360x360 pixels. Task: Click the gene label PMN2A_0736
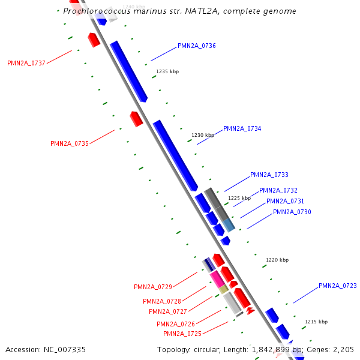tap(197, 46)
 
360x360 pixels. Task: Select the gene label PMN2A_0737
tap(26, 63)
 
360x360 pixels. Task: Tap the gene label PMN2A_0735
tap(70, 143)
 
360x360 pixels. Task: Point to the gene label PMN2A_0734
tap(242, 128)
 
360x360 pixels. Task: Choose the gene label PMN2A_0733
tap(269, 175)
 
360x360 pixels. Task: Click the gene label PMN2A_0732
tap(278, 191)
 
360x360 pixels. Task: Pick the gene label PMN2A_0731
tap(285, 202)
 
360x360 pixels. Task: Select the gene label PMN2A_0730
tap(292, 212)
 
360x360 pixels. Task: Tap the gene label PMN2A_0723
tap(338, 286)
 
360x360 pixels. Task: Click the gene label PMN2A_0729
tap(153, 287)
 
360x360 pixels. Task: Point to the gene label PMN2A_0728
tap(162, 301)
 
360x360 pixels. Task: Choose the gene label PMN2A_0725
tap(182, 334)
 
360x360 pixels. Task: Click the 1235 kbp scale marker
tap(167, 71)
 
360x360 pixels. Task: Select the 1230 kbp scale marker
tap(203, 136)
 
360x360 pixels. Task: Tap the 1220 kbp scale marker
tap(277, 260)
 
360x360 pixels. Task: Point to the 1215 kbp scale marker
tap(316, 322)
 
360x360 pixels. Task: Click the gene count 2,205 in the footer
tap(343, 349)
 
